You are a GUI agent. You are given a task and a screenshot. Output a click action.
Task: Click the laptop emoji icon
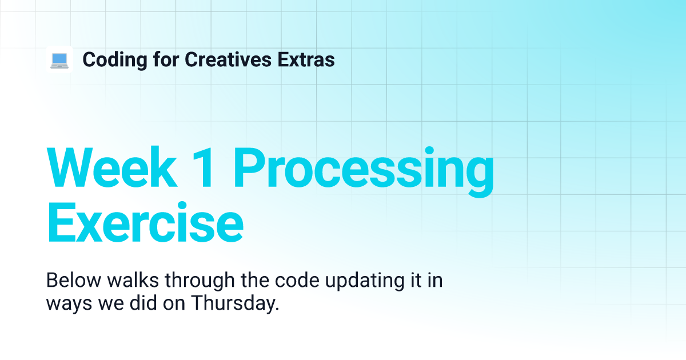click(59, 60)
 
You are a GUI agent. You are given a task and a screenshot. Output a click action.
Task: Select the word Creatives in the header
click(228, 59)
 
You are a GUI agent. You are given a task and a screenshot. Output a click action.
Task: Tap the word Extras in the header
click(306, 59)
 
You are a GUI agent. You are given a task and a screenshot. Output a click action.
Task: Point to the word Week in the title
click(112, 167)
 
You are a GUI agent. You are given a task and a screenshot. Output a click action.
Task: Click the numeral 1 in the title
click(204, 167)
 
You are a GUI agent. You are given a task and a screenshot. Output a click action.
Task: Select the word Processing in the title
click(364, 171)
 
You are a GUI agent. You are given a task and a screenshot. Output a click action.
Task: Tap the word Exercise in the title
click(145, 222)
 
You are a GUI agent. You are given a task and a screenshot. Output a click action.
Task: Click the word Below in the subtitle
click(74, 280)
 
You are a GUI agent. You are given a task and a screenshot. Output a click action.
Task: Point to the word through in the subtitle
click(200, 282)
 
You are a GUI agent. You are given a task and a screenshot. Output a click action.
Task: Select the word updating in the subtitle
click(365, 282)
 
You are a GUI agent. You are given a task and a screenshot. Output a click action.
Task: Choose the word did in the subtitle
click(143, 303)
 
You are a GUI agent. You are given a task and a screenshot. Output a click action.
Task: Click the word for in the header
click(166, 59)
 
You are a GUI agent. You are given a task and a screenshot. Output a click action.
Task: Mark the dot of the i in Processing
click(429, 151)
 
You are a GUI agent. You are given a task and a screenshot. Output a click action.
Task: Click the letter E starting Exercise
click(61, 222)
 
